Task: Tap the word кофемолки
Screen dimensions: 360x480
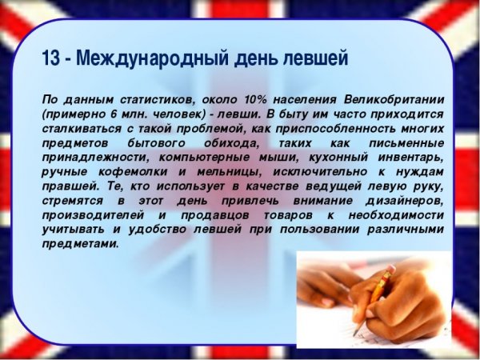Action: coord(139,172)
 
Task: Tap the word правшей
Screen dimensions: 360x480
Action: coord(67,186)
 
